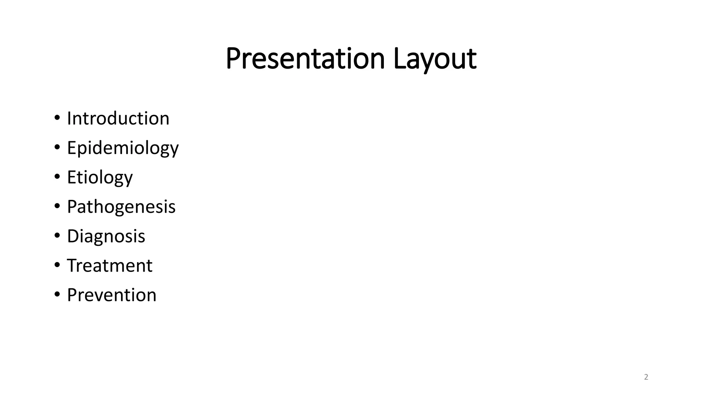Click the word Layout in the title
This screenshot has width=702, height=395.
click(x=435, y=59)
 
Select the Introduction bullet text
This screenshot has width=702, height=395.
click(x=118, y=118)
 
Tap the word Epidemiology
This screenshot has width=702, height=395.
click(x=123, y=148)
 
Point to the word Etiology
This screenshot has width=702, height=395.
click(x=100, y=178)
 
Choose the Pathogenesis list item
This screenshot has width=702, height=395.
click(x=121, y=207)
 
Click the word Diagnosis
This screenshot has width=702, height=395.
click(x=106, y=236)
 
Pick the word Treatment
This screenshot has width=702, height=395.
click(x=109, y=265)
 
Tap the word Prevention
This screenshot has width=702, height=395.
click(x=111, y=295)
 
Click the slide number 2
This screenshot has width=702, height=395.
click(x=646, y=377)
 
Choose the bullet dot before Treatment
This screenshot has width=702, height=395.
click(x=57, y=265)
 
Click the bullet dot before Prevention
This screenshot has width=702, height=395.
click(x=57, y=295)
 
